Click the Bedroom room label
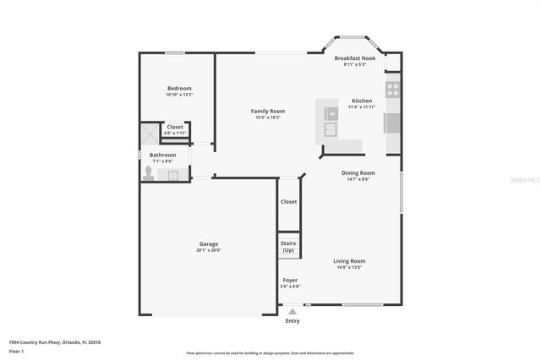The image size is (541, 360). (x=179, y=89)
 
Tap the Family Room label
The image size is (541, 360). (x=267, y=111)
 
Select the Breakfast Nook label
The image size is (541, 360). (x=354, y=58)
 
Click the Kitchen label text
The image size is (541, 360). (x=361, y=101)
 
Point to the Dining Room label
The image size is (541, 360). (x=358, y=172)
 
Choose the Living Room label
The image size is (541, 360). (x=348, y=261)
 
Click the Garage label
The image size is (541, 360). (x=209, y=244)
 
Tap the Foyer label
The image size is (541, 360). (x=290, y=280)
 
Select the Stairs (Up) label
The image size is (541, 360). (x=289, y=247)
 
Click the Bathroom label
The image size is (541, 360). (x=163, y=155)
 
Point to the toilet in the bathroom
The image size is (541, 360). (x=149, y=174)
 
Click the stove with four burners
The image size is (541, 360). (x=393, y=88)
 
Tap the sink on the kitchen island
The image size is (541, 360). (x=331, y=129)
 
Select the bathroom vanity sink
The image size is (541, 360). (x=174, y=175)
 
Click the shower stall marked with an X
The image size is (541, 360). (x=150, y=134)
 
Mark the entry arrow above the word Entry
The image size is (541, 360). (x=292, y=312)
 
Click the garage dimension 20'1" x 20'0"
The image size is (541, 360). (x=209, y=250)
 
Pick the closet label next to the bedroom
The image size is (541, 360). (x=175, y=127)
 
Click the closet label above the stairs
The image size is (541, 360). (x=289, y=202)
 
